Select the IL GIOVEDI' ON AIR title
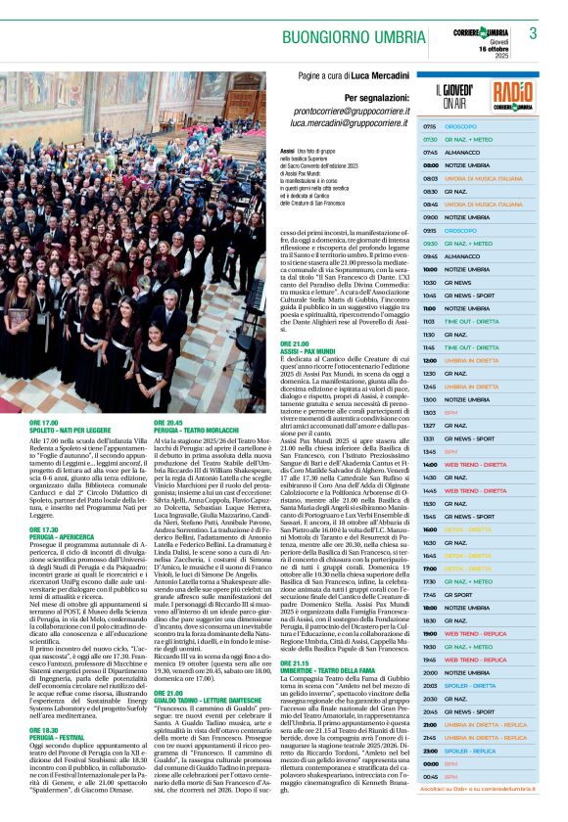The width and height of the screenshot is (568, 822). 456,94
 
